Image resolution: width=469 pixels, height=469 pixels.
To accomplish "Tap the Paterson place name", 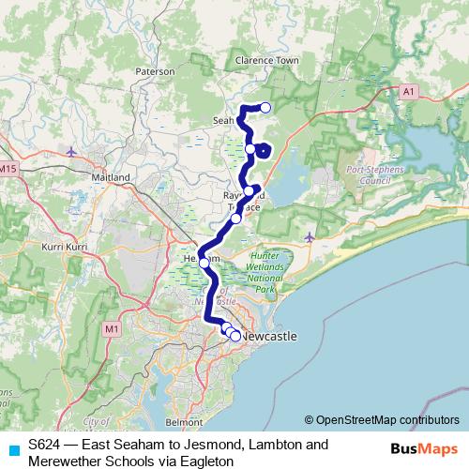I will click(155, 70).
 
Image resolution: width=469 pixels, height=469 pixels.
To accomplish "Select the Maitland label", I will click(110, 176).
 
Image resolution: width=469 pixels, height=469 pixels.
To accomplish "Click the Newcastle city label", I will click(269, 336).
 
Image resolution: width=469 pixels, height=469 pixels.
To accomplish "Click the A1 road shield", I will click(407, 92).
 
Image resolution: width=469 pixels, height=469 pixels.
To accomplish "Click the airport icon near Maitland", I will click(73, 152).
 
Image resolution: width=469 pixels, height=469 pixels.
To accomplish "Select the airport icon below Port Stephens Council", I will click(310, 235).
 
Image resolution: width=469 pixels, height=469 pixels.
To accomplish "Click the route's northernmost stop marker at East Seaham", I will click(265, 108).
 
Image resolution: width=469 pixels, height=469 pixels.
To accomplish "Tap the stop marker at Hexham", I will click(204, 263).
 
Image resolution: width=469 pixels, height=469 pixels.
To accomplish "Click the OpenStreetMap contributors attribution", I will click(382, 420).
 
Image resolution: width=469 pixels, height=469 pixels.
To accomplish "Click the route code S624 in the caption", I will click(45, 445).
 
